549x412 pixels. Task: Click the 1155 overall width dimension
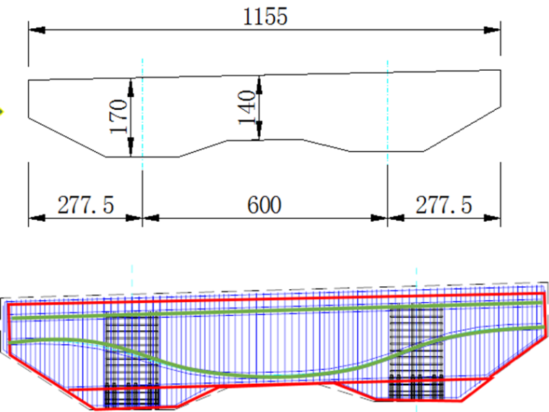click(265, 17)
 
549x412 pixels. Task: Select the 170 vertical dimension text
click(118, 116)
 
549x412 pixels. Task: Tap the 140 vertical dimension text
click(247, 107)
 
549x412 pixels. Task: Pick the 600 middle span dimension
click(264, 205)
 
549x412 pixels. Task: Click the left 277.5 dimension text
click(86, 205)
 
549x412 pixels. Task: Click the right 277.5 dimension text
click(444, 205)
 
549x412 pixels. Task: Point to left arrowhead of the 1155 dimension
click(37, 30)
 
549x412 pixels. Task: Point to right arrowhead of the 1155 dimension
click(492, 30)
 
